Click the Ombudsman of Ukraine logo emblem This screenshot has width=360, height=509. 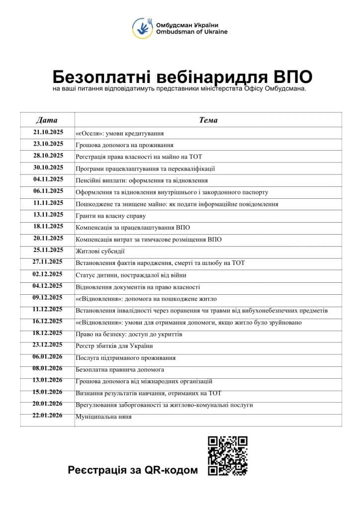(142, 28)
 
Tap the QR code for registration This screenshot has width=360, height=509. (227, 456)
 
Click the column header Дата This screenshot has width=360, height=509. (47, 120)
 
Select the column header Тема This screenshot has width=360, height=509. (208, 120)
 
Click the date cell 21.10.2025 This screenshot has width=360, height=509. (48, 132)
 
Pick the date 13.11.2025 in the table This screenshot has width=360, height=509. (48, 215)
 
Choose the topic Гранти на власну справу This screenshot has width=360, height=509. (110, 216)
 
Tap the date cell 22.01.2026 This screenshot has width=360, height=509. (48, 416)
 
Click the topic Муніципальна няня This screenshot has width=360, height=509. (103, 417)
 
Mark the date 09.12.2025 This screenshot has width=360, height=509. (48, 298)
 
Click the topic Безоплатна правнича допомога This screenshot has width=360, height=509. (120, 370)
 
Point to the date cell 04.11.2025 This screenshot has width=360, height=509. (48, 179)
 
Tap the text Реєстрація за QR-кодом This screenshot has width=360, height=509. (133, 470)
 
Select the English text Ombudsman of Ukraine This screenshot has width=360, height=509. (191, 32)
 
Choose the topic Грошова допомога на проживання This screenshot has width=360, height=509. (124, 145)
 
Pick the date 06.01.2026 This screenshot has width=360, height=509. (48, 357)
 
